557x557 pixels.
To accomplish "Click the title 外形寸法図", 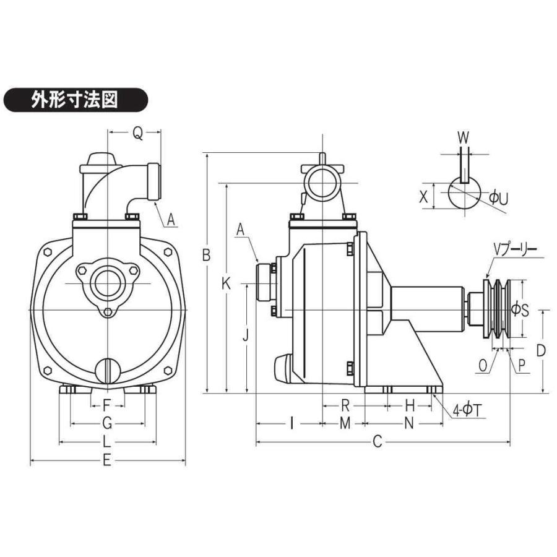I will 75,99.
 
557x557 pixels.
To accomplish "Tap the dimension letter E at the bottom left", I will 106,461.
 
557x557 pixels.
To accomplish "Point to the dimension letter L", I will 106,442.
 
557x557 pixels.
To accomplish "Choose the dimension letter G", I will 106,423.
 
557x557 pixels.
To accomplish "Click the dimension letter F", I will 106,406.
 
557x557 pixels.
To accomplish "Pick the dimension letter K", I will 227,284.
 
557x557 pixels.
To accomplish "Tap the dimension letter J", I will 246,335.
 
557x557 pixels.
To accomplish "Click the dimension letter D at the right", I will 540,350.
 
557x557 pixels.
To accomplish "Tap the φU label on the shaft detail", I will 498,198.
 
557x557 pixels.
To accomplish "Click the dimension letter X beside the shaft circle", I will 423,197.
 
